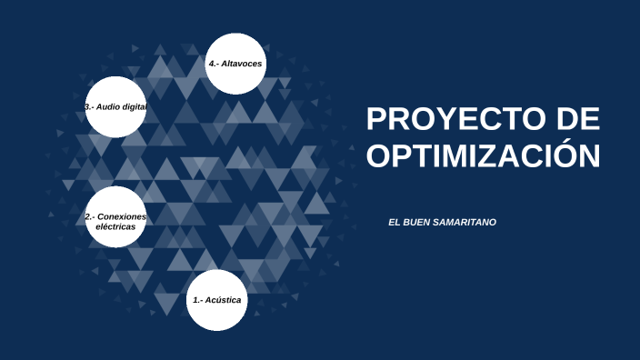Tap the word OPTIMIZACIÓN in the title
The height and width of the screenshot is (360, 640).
click(x=483, y=155)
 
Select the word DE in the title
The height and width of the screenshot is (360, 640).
click(x=577, y=119)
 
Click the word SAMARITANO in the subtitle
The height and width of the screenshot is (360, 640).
click(x=464, y=222)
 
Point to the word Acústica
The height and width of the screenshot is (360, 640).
click(x=223, y=300)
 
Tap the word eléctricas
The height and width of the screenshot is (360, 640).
click(x=115, y=227)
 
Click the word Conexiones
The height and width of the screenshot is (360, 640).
click(x=122, y=217)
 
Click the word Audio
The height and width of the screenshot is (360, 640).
click(x=108, y=107)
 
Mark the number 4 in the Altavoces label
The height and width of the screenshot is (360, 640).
click(x=211, y=65)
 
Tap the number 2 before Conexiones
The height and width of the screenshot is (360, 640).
click(x=87, y=217)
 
